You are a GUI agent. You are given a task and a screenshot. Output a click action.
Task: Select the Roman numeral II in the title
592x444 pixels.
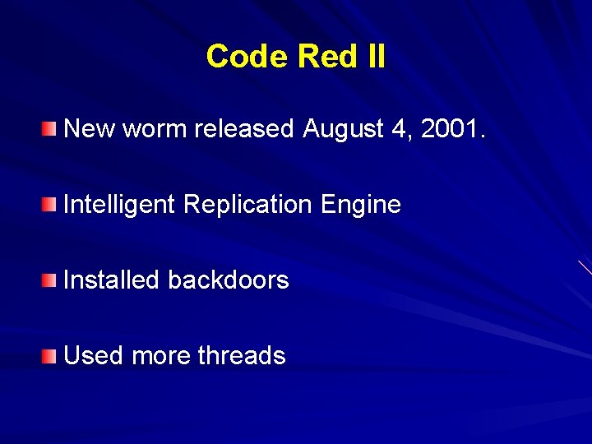(x=374, y=57)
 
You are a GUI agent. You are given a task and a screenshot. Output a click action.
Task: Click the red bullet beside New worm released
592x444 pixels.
(x=51, y=128)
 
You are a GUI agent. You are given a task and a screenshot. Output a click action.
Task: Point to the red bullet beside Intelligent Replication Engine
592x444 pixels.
(x=51, y=204)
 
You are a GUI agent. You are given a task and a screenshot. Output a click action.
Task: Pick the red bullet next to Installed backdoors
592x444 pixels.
(x=51, y=280)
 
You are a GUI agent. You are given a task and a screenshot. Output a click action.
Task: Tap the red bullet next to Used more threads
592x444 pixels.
(x=51, y=355)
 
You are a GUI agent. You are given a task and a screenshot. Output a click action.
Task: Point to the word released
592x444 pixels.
(x=244, y=129)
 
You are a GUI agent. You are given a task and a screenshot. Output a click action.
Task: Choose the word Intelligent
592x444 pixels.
(x=119, y=205)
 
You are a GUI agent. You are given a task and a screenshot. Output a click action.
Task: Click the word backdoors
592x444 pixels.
(x=228, y=280)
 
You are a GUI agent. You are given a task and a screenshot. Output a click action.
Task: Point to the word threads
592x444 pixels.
(x=242, y=356)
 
